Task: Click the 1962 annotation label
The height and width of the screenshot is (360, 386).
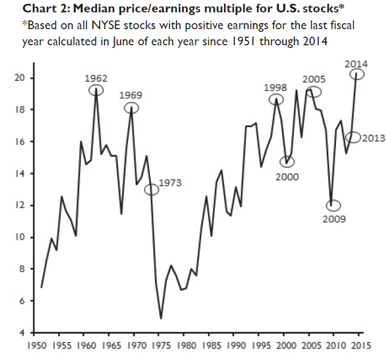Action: (x=96, y=78)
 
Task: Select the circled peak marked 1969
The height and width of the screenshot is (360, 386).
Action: (x=131, y=108)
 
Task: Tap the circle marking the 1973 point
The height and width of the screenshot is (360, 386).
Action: (x=152, y=189)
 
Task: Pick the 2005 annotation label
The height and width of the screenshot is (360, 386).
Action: (x=313, y=79)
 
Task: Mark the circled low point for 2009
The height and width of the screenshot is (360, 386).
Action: (x=334, y=205)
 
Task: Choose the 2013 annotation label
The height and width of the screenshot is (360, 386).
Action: (x=373, y=138)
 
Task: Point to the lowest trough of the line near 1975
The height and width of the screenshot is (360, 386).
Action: (x=161, y=319)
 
